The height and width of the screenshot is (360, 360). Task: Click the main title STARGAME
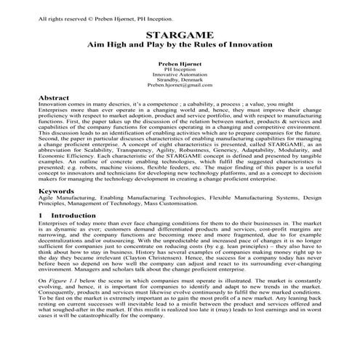[x=180, y=35]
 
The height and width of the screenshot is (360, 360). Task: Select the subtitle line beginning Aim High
[x=180, y=45]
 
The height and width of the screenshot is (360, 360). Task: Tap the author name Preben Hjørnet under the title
[x=180, y=64]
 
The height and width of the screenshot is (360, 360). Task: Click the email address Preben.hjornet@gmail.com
[x=180, y=85]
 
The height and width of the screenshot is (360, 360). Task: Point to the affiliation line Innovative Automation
[x=180, y=74]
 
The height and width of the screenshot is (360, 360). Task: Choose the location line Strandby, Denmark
[x=180, y=80]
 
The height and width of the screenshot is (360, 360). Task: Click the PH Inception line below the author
[x=180, y=69]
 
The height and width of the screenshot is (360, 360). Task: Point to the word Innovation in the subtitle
[x=247, y=45]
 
